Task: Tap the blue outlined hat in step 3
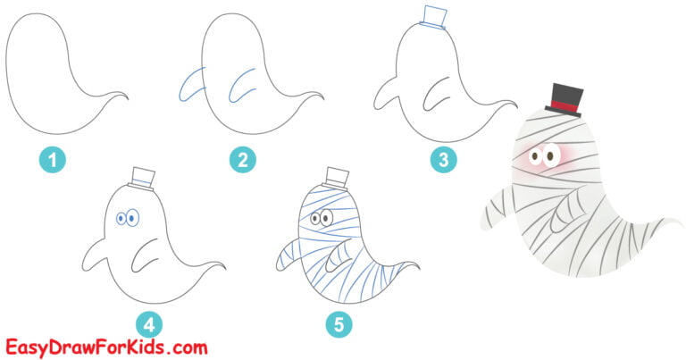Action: click(432, 18)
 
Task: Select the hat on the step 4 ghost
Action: click(143, 178)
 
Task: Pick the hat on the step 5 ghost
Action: click(336, 177)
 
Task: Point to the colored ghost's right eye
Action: click(548, 158)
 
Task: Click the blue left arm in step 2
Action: click(190, 83)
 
